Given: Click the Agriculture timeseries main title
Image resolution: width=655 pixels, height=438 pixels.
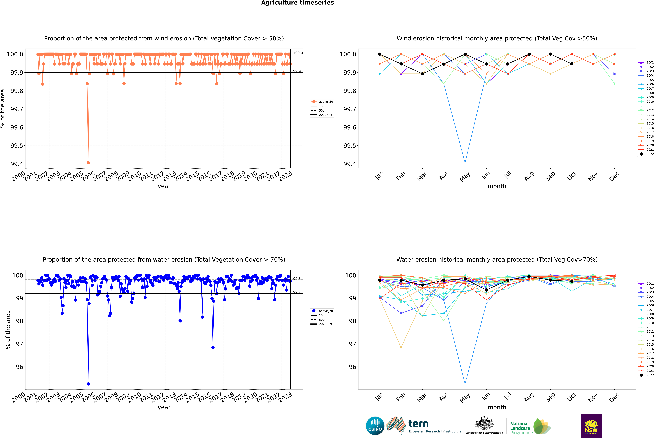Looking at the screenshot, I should click(297, 3).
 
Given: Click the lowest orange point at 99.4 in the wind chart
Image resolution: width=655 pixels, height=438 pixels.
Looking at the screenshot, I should click(88, 163).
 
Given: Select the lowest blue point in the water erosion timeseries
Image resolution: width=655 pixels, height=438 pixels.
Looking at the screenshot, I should click(88, 384).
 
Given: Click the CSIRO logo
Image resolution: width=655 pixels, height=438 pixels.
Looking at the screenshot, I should click(375, 426).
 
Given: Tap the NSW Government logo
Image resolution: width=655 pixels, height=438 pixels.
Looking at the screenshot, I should click(591, 426).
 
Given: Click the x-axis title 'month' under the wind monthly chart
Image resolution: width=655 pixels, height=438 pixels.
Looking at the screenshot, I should click(497, 186).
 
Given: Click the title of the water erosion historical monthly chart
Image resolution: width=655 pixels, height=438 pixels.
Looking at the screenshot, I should click(497, 259).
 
